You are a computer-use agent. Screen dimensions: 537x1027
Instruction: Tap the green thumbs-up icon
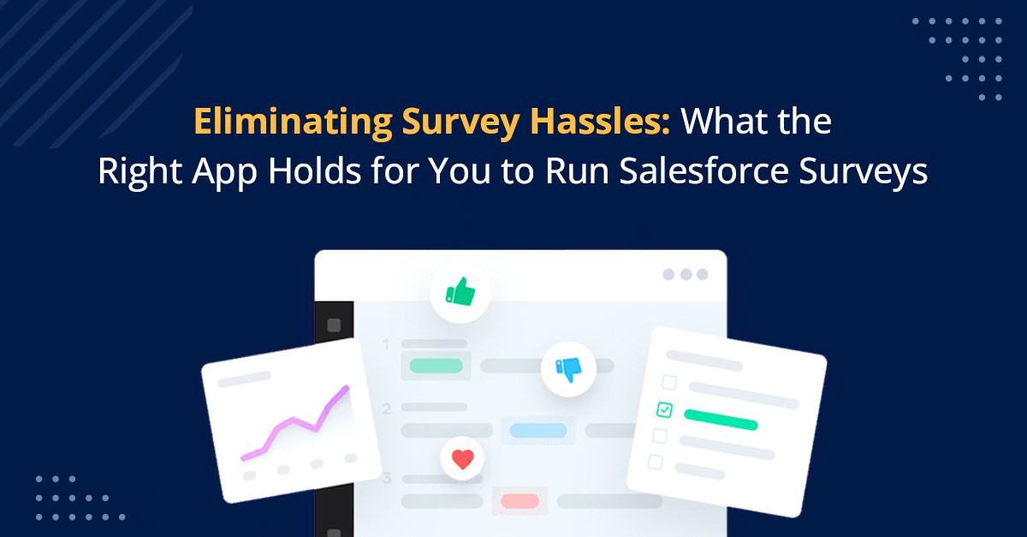460,293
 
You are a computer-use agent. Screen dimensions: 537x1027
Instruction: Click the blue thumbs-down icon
568,369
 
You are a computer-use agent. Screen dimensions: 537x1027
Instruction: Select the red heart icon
463,459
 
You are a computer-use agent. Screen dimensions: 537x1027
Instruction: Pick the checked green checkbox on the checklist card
664,409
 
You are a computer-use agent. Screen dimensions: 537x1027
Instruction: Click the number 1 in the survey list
386,344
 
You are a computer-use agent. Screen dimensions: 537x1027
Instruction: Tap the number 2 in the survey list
387,409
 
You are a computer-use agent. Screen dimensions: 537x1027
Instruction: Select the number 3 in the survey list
387,479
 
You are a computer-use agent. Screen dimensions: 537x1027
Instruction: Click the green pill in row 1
436,366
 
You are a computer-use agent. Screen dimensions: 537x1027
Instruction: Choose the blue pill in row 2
538,431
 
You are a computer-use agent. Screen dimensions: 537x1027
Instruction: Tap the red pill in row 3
519,501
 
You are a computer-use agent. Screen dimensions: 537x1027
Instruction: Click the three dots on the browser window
686,275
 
